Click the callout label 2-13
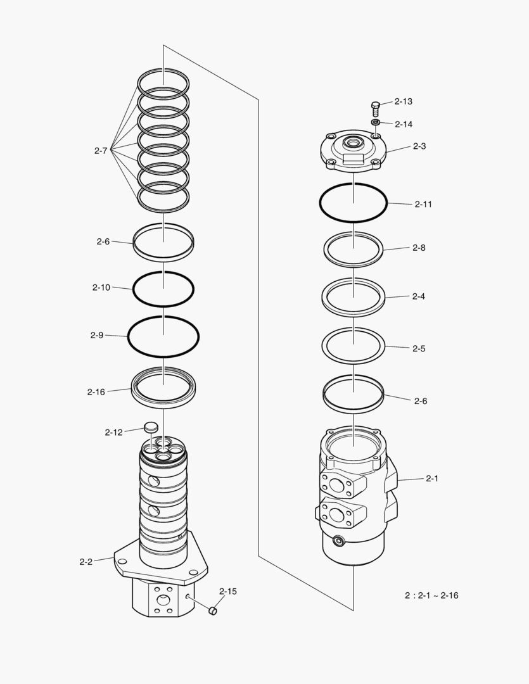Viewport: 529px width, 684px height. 403,101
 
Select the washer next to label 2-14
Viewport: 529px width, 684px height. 375,122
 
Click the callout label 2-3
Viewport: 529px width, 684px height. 419,146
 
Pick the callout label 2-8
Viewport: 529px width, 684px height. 419,248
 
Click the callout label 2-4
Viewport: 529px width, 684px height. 418,296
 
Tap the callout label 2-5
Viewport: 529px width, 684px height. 419,348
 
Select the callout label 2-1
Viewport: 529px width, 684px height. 431,479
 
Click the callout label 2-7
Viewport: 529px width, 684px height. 100,151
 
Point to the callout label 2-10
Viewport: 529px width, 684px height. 101,288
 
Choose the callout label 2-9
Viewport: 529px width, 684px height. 96,335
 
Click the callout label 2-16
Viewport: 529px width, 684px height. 96,392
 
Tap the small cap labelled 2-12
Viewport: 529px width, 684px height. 151,427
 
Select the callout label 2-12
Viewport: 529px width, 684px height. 113,433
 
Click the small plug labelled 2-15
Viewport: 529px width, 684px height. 214,611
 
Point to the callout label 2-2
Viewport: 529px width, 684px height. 86,562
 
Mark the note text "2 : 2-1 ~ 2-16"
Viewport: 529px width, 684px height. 431,595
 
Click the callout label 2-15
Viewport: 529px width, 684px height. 228,592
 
